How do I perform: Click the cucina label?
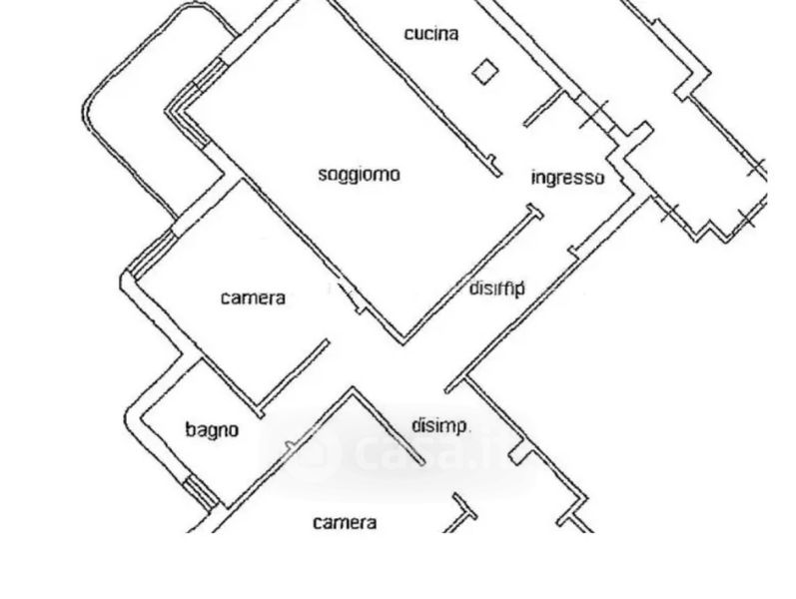[431, 34]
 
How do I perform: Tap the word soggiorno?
[359, 175]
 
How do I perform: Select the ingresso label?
[567, 178]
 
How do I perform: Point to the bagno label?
[212, 430]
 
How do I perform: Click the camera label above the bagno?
[253, 298]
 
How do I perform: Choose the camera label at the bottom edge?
[345, 522]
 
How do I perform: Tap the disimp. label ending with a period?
[441, 426]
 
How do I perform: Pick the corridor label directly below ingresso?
[496, 289]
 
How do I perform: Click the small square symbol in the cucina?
[485, 71]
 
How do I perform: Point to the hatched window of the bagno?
[203, 491]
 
